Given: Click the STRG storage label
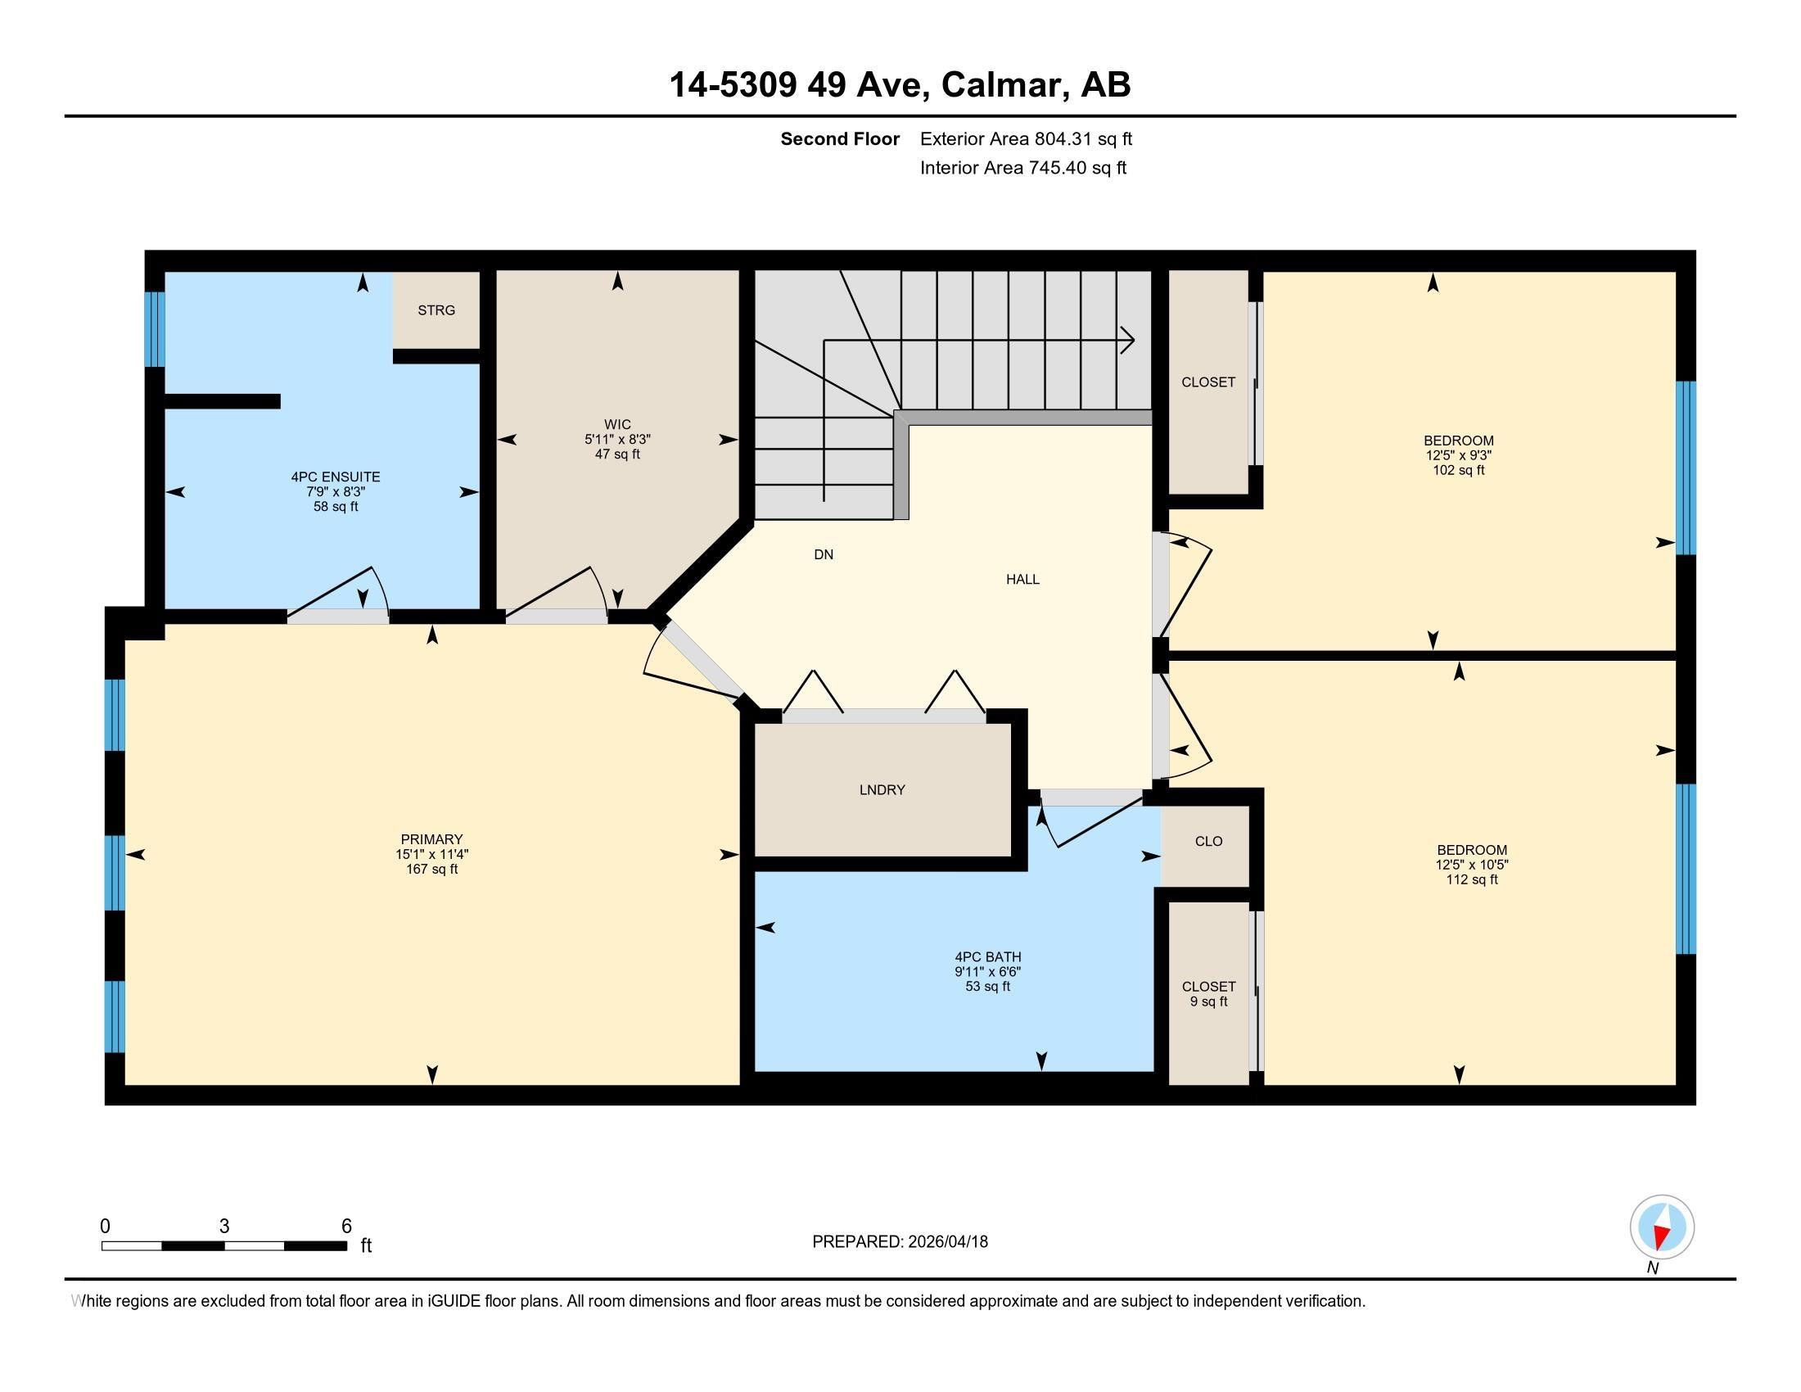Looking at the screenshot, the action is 436,310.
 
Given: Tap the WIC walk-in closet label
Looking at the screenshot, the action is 617,425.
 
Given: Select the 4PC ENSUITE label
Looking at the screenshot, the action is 336,477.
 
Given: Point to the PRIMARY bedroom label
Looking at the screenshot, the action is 431,839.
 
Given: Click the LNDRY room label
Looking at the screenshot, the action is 882,790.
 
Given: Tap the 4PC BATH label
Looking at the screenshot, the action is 988,956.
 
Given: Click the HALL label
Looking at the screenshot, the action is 1022,580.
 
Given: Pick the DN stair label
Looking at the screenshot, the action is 824,555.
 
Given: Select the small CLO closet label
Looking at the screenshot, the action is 1209,841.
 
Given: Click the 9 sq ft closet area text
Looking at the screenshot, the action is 1209,1002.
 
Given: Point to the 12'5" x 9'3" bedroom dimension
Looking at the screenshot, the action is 1459,455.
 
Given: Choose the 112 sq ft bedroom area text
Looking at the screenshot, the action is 1472,880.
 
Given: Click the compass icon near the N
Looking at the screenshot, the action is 1662,1227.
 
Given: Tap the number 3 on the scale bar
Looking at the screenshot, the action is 224,1227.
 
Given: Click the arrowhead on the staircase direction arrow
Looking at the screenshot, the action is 1128,340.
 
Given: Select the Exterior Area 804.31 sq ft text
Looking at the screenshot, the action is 1026,138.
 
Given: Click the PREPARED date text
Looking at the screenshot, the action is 900,1242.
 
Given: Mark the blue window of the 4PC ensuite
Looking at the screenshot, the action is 155,329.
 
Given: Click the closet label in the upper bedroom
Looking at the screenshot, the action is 1208,382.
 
